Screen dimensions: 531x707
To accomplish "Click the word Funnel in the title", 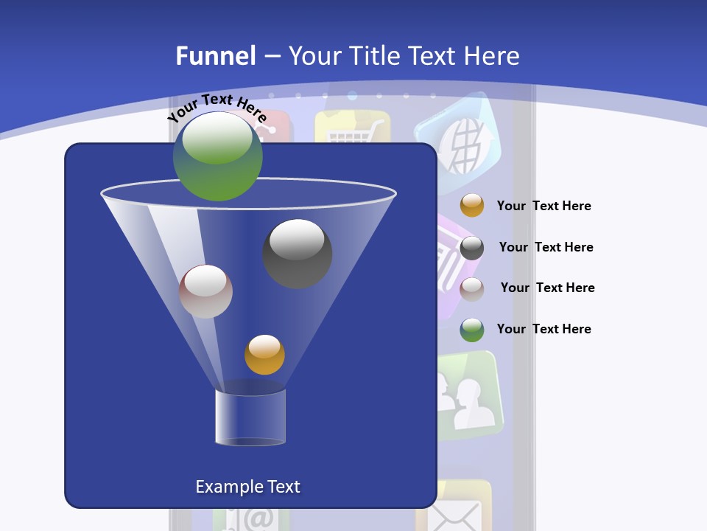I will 215,56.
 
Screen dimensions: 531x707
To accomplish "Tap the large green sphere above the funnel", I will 218,156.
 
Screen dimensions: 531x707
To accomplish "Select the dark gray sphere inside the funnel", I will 297,253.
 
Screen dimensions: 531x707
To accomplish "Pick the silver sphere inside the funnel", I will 205,291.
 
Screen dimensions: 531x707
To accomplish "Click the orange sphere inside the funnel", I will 264,354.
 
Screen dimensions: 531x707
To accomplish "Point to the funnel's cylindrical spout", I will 250,417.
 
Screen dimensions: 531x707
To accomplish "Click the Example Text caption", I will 247,487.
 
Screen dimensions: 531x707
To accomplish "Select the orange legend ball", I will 472,206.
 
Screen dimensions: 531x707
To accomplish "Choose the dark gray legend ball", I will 472,248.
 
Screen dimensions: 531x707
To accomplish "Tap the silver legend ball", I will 472,288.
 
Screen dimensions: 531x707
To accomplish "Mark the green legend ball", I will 472,330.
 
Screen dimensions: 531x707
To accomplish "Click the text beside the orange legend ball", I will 544,206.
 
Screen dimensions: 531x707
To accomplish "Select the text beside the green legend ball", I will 544,329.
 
